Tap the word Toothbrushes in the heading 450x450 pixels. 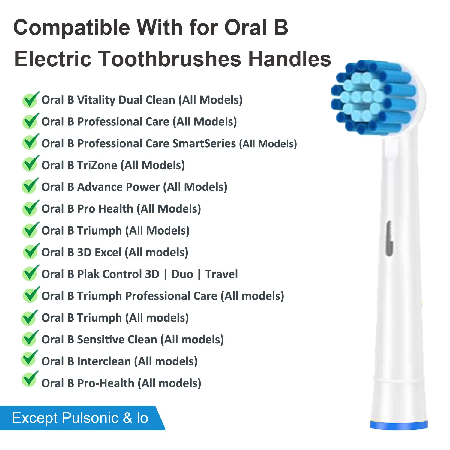point(170,59)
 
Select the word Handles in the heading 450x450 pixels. point(289,59)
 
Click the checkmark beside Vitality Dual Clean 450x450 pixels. point(30,100)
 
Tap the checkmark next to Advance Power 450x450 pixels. point(30,186)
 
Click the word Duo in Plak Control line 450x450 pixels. point(182,274)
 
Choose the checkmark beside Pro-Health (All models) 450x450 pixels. point(30,379)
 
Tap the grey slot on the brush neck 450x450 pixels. point(389,238)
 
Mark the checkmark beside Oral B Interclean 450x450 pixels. point(30,358)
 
